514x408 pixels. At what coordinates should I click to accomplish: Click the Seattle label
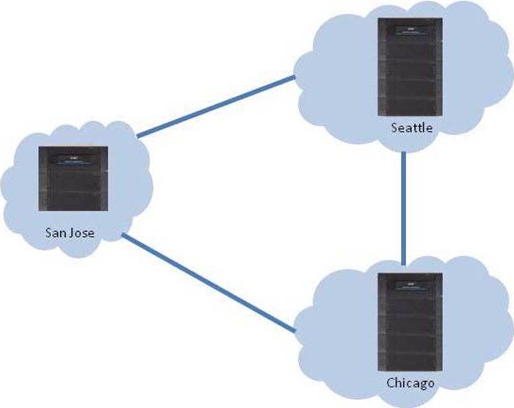point(411,129)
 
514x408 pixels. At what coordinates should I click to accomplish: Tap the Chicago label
point(410,382)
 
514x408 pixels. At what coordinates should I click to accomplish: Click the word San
point(56,233)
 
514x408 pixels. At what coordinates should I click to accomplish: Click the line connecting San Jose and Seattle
point(216,107)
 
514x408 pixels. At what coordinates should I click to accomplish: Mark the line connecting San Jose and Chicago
point(208,283)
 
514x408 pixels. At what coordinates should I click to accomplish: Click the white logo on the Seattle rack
point(408,27)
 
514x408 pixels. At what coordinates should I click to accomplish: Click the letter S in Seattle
point(394,129)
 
